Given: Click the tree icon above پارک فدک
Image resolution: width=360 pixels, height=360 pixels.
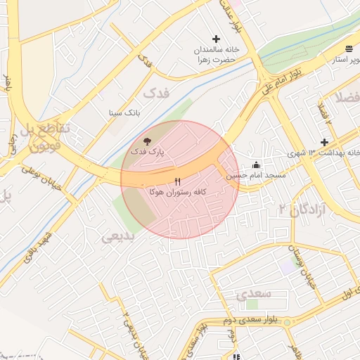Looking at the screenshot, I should [x=146, y=141].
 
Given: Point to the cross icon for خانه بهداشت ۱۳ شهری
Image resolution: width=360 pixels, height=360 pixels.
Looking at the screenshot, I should [x=324, y=142].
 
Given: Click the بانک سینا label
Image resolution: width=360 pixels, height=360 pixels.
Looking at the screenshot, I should [x=125, y=112].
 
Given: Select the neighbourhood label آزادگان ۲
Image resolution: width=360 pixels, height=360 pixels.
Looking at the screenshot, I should [x=302, y=209].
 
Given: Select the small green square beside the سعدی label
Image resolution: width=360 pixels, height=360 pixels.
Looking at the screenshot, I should [x=252, y=304].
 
